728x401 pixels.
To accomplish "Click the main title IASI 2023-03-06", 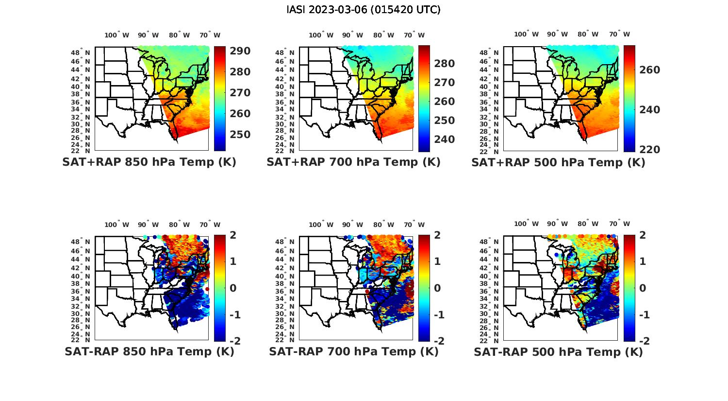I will click(x=364, y=10).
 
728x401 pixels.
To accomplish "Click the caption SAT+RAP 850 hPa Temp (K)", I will click(x=149, y=162).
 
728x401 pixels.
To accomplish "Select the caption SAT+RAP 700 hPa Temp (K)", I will click(x=353, y=162).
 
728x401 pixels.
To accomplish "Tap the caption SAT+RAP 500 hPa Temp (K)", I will click(x=558, y=162).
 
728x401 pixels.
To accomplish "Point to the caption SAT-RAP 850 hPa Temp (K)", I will click(x=149, y=351).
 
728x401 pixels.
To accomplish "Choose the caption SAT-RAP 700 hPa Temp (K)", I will click(x=353, y=351).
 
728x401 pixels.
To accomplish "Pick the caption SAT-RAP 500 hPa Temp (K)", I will click(x=558, y=351).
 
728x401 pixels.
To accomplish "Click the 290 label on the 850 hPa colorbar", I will click(x=240, y=51).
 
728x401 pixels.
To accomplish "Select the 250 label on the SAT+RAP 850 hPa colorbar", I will click(x=240, y=135).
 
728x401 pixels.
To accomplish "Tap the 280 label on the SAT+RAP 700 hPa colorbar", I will click(x=445, y=64).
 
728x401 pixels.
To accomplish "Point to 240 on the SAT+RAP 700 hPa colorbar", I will click(x=445, y=139).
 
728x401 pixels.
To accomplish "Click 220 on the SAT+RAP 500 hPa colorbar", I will click(x=650, y=150).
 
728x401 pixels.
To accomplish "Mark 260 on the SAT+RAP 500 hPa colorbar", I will click(x=650, y=70).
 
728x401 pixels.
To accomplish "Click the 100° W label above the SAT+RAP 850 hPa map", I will click(x=116, y=35).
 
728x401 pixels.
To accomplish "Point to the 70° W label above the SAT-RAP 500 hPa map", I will click(x=619, y=224).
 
